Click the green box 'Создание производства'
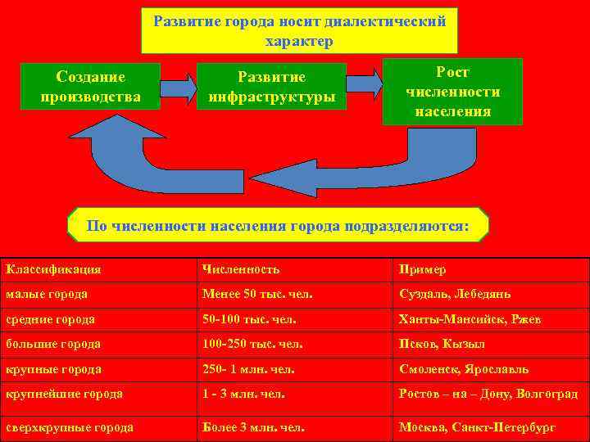click(x=91, y=87)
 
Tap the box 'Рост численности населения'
click(x=452, y=91)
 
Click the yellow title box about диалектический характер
click(x=300, y=31)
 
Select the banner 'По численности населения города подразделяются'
click(x=278, y=225)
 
